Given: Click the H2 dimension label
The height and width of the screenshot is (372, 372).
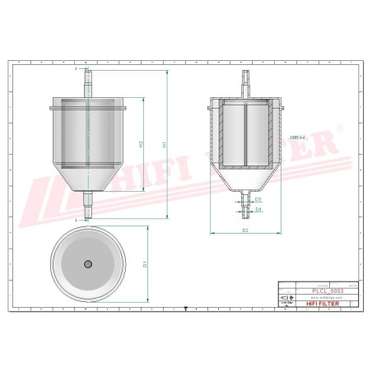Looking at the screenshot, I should [142, 145].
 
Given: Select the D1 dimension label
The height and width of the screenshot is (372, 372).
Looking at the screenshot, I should [145, 263].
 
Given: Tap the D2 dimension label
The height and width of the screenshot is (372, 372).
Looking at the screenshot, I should [245, 230].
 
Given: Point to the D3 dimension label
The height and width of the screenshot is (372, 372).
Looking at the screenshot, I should [258, 199].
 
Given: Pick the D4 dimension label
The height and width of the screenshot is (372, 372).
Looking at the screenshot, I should [258, 210].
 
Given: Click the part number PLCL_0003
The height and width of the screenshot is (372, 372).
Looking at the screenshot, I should [305, 291].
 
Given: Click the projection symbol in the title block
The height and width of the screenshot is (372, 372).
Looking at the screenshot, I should [285, 297].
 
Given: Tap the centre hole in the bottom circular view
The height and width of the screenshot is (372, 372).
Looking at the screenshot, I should [88, 264].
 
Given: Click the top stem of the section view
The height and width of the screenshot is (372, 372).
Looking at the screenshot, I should [245, 83].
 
